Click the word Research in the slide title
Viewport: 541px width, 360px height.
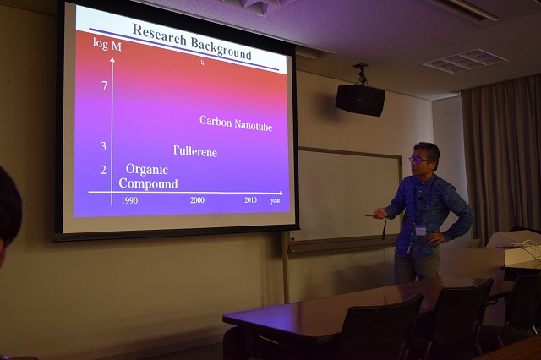(160, 35)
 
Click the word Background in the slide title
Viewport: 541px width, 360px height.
(221, 49)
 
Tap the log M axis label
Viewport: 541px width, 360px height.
(107, 45)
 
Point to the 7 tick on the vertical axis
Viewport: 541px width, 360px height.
(105, 85)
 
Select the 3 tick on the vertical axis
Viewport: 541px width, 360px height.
(103, 146)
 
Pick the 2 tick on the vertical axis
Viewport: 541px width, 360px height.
(103, 170)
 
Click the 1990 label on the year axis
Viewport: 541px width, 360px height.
(129, 200)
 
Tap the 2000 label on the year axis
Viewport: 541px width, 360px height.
(197, 200)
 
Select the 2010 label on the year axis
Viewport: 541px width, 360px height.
(250, 200)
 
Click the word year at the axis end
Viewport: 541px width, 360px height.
(276, 200)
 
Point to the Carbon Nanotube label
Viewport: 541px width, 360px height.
(236, 123)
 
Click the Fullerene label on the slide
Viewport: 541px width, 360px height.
(195, 151)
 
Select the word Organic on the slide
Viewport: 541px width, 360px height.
(147, 169)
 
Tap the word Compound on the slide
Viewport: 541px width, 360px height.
(149, 183)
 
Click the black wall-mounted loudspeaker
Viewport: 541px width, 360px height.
(360, 101)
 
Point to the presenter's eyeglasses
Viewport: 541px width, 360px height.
(418, 160)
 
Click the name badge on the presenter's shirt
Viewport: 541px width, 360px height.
(421, 231)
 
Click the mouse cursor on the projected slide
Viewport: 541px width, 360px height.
(203, 63)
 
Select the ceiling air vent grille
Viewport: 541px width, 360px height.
(464, 60)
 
